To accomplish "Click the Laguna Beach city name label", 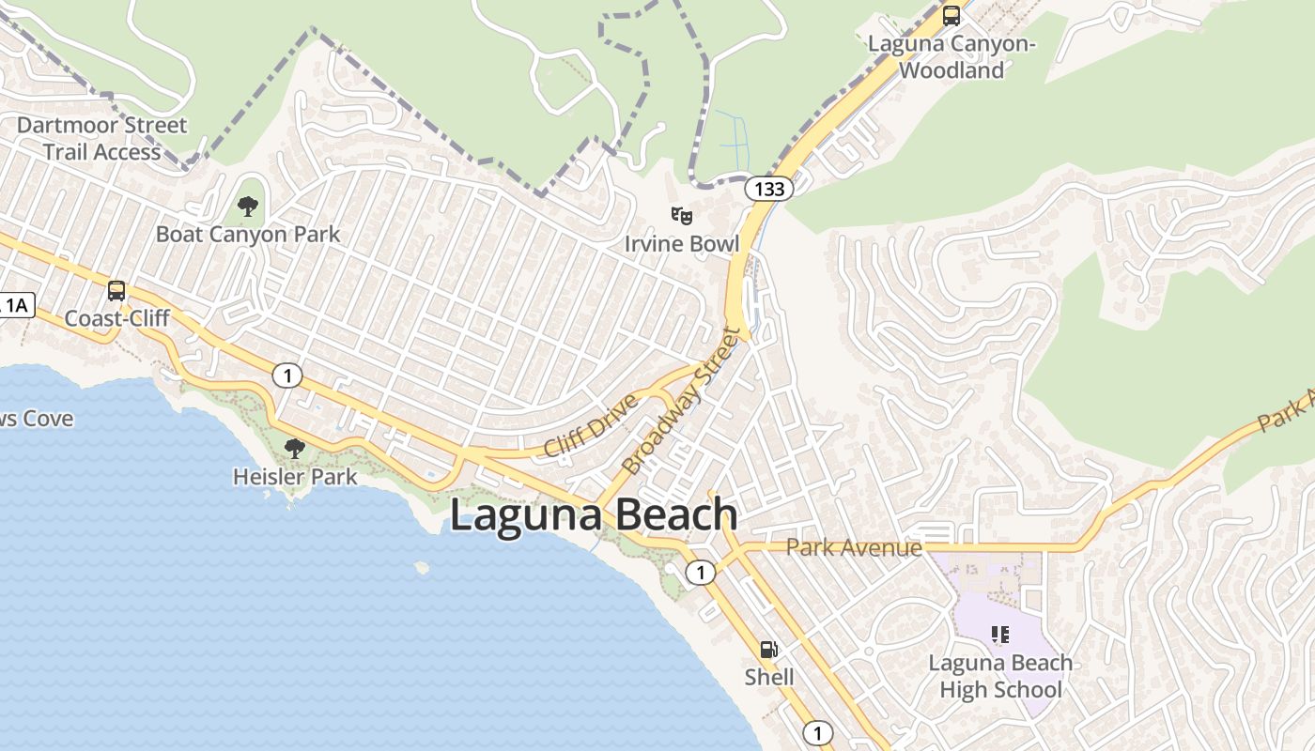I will click(594, 515).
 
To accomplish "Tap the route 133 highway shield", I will click(769, 189).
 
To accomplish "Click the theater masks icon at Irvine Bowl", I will click(682, 217).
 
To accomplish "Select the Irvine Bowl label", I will click(682, 244).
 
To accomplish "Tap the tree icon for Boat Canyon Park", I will click(248, 206).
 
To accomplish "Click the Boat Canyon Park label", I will click(248, 234).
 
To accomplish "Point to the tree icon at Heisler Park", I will click(295, 448).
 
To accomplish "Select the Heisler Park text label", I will click(295, 477).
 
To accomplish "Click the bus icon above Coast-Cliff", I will click(116, 291).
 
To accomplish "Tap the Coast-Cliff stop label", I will click(116, 318).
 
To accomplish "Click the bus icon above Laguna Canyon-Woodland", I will click(951, 16).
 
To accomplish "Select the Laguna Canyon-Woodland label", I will click(951, 56).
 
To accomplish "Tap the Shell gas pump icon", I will click(768, 650).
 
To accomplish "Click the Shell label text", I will click(769, 677).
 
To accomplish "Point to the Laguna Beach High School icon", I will click(1000, 635).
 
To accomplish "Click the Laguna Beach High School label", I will click(1000, 676).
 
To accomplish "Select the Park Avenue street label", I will click(854, 547).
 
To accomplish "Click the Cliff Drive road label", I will click(590, 426).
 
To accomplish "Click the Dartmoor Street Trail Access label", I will click(101, 138).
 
